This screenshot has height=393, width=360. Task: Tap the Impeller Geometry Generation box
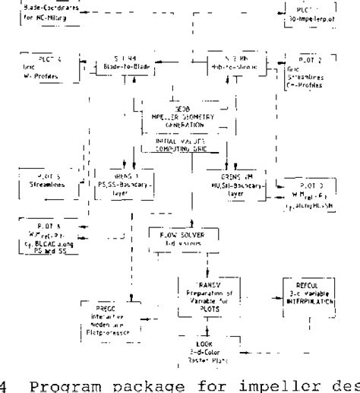click(176, 122)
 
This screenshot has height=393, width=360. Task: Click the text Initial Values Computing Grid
click(175, 144)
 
